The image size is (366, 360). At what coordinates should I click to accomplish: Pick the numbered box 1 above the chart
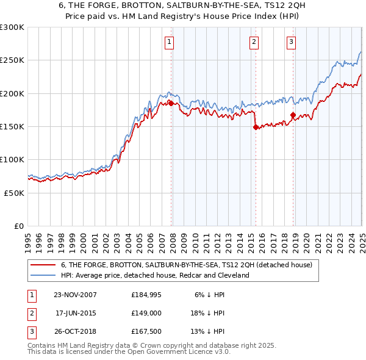(x=169, y=42)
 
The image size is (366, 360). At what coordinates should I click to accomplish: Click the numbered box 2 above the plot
(x=253, y=42)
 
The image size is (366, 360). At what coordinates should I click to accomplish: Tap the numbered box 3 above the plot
(x=291, y=42)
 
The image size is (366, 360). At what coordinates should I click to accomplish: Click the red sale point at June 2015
(x=256, y=128)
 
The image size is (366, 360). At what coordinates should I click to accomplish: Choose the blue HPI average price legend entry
(x=155, y=275)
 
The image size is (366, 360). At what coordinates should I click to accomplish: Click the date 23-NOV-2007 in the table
(x=76, y=294)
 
